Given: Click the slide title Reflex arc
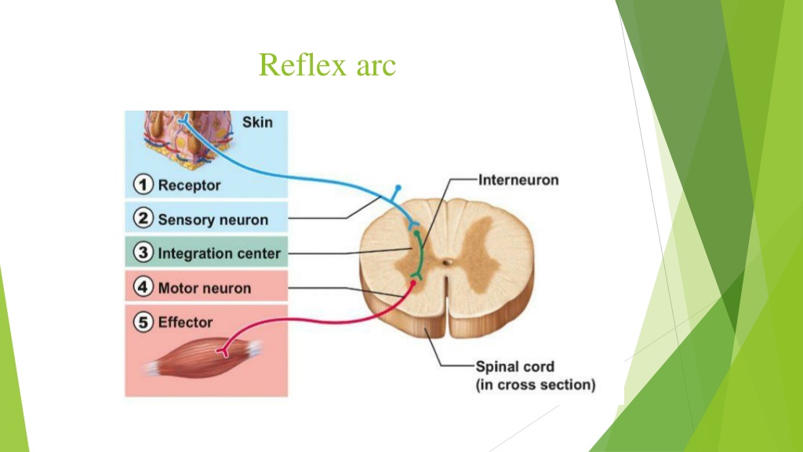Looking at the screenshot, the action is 327,65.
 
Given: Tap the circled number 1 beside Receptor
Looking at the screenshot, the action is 143,184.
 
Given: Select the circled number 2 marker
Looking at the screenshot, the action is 143,218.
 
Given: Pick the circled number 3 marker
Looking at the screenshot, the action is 143,253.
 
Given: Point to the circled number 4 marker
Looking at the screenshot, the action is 143,287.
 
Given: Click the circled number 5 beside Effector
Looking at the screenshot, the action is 143,322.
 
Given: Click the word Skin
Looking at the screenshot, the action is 257,122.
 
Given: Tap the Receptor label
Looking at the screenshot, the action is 189,185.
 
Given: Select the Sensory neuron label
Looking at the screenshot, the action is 213,220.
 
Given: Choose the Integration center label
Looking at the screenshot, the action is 220,253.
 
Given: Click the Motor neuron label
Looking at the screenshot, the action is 205,288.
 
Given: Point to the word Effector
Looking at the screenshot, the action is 185,323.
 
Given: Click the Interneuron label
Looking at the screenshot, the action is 518,180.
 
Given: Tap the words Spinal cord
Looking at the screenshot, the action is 514,367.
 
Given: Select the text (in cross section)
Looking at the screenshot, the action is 536,385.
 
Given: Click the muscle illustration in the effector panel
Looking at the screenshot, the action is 204,357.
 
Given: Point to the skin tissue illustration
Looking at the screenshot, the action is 187,137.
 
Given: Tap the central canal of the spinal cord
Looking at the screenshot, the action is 448,262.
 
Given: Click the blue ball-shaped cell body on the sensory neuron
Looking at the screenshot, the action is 398,188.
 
